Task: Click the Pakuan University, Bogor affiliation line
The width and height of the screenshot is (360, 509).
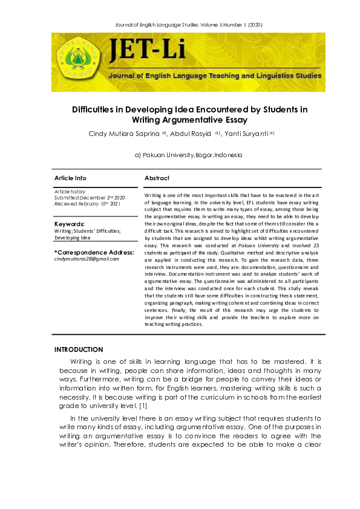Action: click(x=188, y=155)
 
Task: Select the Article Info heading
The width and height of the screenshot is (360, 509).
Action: click(x=70, y=178)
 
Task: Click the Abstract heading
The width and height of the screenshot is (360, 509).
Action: click(x=157, y=178)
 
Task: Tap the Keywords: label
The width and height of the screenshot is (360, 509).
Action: click(x=70, y=224)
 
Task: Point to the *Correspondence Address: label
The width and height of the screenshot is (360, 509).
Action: click(x=94, y=252)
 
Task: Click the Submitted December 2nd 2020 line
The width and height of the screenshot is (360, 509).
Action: click(x=90, y=198)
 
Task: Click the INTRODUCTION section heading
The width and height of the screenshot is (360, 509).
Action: click(x=79, y=349)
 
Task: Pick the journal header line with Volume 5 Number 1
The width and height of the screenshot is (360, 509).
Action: click(x=180, y=24)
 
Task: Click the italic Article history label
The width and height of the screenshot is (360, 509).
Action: click(x=70, y=191)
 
